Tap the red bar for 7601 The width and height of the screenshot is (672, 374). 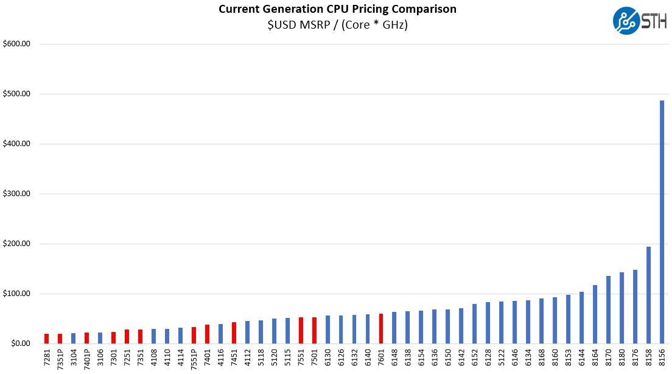(380, 329)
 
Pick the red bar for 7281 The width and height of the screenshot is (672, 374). (46, 339)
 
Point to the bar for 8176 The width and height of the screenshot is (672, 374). (635, 307)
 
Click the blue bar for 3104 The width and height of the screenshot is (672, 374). (73, 339)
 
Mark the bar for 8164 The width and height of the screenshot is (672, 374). (595, 314)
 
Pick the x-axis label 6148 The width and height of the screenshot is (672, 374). (394, 358)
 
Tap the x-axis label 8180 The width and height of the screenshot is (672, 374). (621, 358)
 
